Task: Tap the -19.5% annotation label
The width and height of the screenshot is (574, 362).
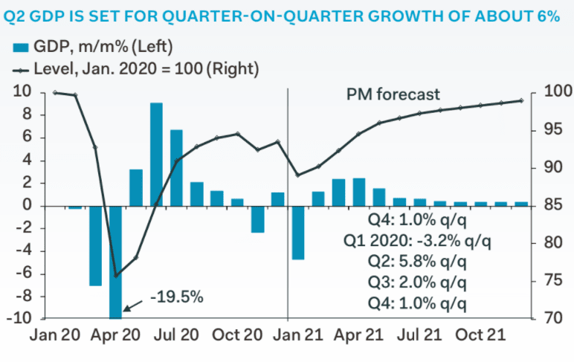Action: pyautogui.click(x=177, y=297)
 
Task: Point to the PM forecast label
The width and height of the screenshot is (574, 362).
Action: pyautogui.click(x=393, y=94)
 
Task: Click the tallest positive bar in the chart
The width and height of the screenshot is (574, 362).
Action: pyautogui.click(x=156, y=154)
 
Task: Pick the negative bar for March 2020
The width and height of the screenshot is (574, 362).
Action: pyautogui.click(x=95, y=245)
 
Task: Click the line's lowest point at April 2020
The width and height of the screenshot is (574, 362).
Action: pyautogui.click(x=116, y=276)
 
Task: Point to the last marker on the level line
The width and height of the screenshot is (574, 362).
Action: pyautogui.click(x=520, y=100)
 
